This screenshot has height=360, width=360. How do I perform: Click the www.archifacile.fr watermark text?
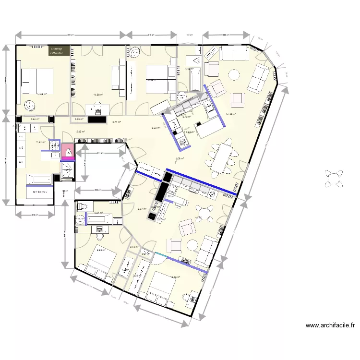[x=330, y=325]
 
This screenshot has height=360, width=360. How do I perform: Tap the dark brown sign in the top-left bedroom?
[x=59, y=51]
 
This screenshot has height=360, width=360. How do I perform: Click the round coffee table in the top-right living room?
[x=234, y=75]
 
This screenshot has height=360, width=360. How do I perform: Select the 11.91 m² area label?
[x=41, y=142]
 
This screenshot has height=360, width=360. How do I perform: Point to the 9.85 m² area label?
[x=100, y=250]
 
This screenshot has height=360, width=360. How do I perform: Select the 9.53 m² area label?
[x=156, y=128]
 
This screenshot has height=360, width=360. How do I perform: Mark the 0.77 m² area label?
[x=117, y=122]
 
